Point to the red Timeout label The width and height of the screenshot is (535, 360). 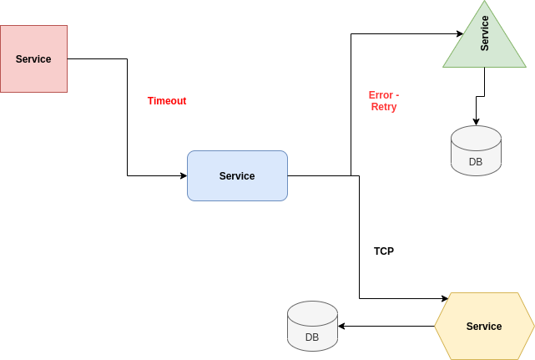167,101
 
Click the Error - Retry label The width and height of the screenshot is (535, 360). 384,101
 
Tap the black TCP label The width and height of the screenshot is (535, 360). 384,251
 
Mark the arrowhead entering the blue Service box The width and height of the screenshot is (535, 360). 183,175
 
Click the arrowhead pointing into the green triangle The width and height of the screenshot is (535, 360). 459,33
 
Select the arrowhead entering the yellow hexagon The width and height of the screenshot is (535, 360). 443,298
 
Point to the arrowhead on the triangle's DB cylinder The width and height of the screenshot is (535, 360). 476,122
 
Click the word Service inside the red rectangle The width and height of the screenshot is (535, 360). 33,59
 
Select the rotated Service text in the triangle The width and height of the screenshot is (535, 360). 485,33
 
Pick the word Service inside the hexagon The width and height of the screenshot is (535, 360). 484,327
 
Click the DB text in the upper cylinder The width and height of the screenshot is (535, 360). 476,162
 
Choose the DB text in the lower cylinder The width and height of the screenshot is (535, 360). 312,337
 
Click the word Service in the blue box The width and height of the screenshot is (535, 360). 237,176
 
